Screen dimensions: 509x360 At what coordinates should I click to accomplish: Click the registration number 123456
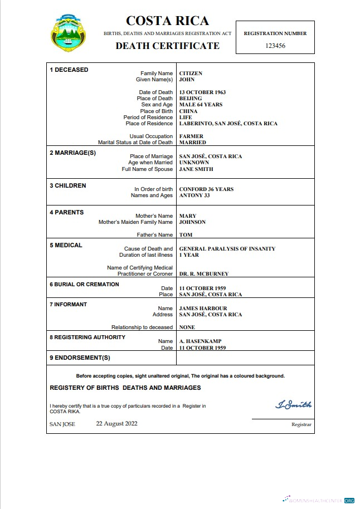275,46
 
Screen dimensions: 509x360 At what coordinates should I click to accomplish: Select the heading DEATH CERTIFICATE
167,46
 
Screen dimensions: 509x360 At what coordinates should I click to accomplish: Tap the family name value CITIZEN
191,74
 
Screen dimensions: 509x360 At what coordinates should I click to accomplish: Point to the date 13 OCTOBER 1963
202,92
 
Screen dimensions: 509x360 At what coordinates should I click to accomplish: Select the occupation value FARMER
191,136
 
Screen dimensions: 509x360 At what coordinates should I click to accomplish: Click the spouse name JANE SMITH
196,169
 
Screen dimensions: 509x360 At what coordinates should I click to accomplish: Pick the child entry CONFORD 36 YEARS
206,189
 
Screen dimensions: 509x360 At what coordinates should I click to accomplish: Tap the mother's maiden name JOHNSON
192,222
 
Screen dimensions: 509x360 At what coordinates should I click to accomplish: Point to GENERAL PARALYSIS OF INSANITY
227,249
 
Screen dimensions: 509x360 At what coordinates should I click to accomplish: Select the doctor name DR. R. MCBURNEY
203,274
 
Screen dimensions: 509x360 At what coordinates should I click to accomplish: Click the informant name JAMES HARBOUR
203,309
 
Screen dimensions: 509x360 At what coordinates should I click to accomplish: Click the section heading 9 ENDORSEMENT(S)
80,357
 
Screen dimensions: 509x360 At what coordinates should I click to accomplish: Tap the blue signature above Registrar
293,405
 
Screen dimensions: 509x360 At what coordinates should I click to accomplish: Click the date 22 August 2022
116,423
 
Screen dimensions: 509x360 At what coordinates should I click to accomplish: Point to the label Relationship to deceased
142,327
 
